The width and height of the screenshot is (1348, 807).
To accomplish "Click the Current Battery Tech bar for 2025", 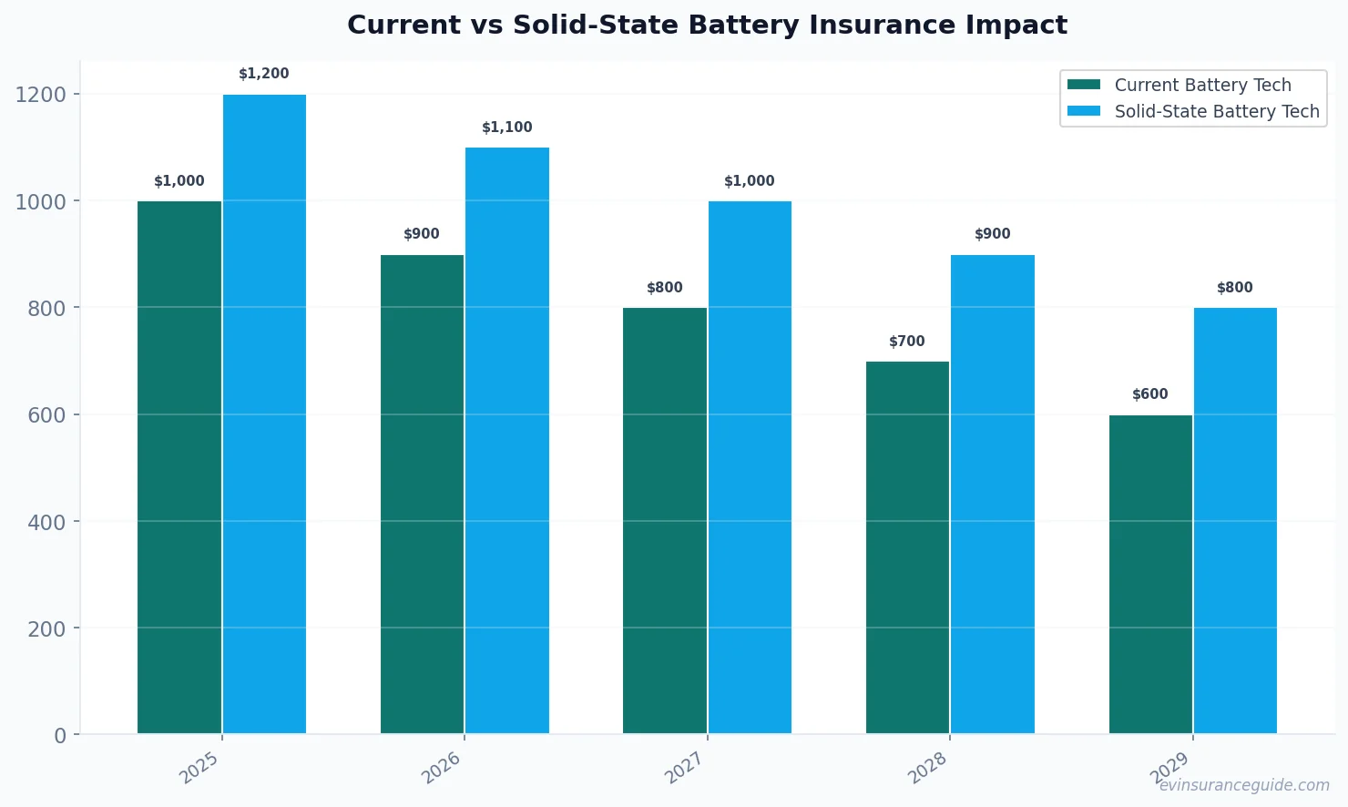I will [179, 466].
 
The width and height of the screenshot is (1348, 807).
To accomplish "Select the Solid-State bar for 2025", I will [264, 414].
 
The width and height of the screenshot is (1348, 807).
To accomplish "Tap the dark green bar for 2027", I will [665, 520].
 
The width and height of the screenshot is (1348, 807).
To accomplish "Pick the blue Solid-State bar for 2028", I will [993, 494].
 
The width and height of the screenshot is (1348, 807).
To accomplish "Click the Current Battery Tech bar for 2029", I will [1150, 574].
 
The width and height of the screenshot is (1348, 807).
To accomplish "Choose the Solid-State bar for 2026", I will [507, 440].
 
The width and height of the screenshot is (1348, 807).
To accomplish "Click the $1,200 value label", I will [264, 74].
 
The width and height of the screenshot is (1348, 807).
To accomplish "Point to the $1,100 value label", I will [507, 128].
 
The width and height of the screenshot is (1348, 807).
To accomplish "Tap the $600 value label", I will [1150, 394].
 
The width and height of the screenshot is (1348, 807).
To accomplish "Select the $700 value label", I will [907, 342].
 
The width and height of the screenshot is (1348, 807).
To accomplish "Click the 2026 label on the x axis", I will [441, 768].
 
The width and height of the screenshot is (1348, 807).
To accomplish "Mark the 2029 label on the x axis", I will [1169, 768].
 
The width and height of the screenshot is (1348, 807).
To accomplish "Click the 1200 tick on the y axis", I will [41, 95].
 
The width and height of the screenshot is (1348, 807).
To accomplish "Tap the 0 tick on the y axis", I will [60, 736].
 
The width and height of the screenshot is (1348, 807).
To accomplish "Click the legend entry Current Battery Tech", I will [1202, 85].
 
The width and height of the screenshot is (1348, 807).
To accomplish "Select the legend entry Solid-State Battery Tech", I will [1216, 111].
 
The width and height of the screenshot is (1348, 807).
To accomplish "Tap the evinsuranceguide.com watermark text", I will [1244, 785].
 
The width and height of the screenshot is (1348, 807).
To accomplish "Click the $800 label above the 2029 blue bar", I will [1235, 288].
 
